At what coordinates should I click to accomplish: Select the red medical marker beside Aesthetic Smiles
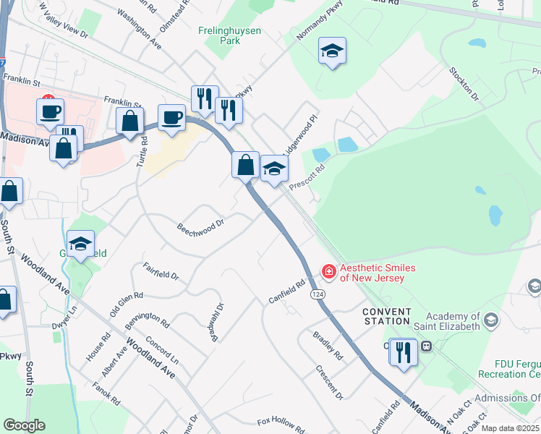tap(328, 272)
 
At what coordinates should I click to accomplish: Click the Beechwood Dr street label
tap(200, 226)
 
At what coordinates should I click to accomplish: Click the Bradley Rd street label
tap(328, 346)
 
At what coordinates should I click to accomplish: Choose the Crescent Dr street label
tap(329, 382)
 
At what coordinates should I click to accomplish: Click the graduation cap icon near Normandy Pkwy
tap(332, 51)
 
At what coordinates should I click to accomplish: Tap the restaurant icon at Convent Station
tap(403, 352)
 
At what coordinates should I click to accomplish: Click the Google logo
tap(24, 425)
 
